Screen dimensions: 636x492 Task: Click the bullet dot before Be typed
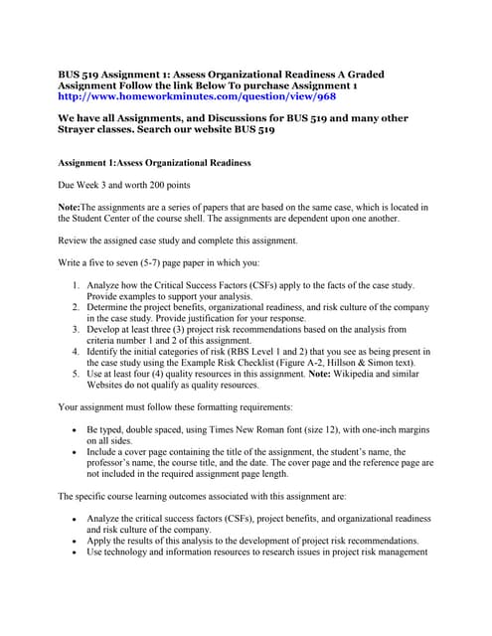77,429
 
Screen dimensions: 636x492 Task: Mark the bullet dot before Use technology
77,553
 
